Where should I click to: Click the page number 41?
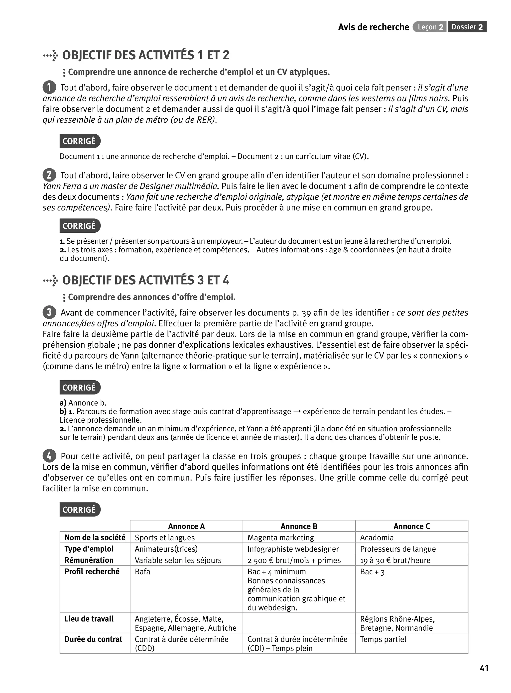click(484, 668)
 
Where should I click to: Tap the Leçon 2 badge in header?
click(429, 27)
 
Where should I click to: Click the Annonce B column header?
click(299, 526)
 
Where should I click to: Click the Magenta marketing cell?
click(280, 538)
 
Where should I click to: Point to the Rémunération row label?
click(89, 560)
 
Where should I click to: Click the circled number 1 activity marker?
click(49, 87)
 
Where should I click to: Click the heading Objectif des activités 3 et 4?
click(145, 280)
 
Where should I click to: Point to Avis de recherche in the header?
click(373, 27)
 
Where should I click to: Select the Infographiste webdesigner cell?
click(293, 549)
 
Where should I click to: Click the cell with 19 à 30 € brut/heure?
click(395, 560)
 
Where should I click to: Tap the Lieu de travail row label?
click(89, 619)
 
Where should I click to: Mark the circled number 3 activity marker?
click(49, 312)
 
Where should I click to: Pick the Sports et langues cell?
click(165, 538)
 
